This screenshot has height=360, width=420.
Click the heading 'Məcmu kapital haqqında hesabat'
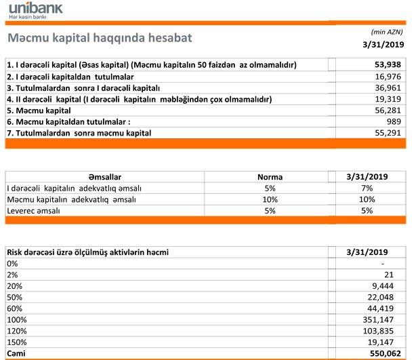pos(98,39)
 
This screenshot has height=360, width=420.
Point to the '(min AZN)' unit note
pos(387,32)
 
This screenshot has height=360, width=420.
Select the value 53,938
pos(385,65)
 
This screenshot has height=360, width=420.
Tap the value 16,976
pos(385,77)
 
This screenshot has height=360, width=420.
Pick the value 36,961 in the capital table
pos(385,88)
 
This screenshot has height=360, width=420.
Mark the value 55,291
pos(385,134)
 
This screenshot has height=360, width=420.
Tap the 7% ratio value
pos(367,188)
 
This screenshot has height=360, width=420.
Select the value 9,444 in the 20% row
pos(387,286)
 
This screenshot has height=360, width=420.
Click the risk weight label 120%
pos(16,332)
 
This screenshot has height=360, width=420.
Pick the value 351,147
pos(382,321)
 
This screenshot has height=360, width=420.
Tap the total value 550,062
pos(382,355)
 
